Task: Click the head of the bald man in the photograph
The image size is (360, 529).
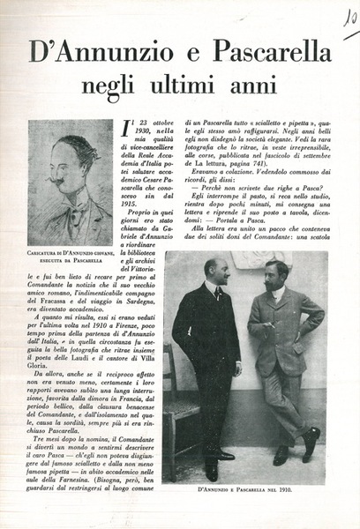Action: [x=214, y=269]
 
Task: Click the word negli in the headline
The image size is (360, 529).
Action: [x=107, y=87]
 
